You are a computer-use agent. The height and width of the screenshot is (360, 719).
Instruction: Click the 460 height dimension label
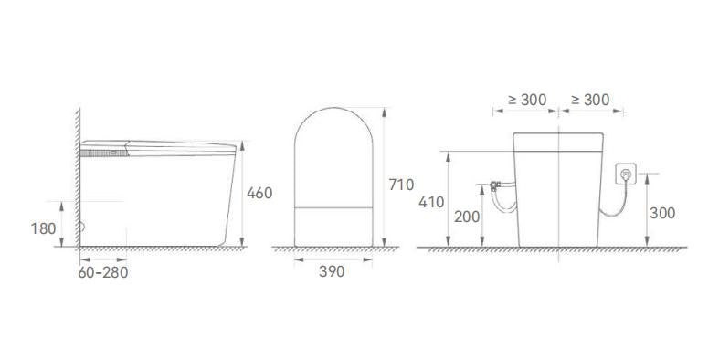point(259,194)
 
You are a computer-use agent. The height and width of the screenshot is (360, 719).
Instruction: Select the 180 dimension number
point(43,228)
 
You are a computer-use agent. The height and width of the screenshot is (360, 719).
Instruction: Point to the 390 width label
point(333,272)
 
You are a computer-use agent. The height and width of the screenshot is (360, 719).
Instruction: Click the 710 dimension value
point(402,185)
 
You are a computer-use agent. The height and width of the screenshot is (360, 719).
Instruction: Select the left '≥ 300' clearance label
point(527,100)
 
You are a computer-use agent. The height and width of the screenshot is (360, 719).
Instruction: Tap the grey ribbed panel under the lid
point(103,153)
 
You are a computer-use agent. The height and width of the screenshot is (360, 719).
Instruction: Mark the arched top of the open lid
point(334,114)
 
